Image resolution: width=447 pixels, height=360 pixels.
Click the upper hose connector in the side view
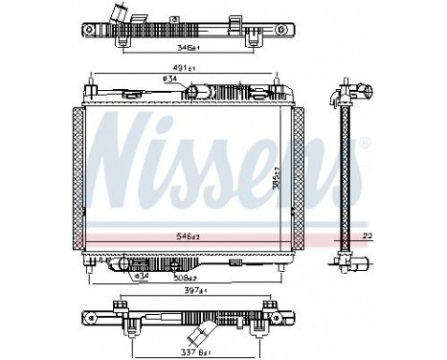click(x=363, y=93)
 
